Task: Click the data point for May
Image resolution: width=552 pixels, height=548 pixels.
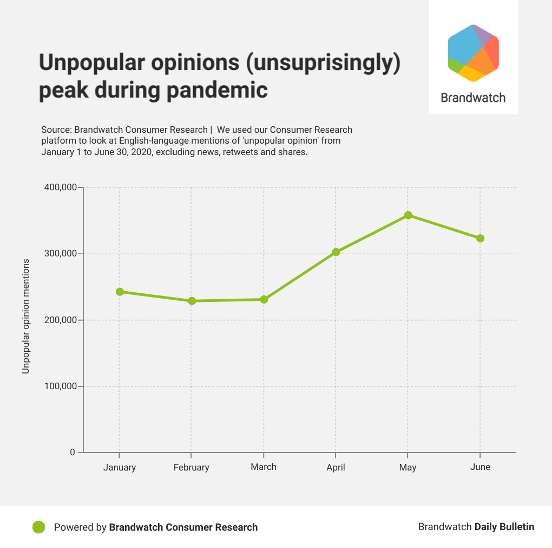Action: (408, 215)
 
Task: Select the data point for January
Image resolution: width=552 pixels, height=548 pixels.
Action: (120, 292)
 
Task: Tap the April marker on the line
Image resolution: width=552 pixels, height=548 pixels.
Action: (336, 252)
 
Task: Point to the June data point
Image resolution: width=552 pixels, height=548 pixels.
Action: (480, 238)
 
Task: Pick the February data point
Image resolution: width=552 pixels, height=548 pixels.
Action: (192, 301)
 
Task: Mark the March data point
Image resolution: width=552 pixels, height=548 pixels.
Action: (264, 299)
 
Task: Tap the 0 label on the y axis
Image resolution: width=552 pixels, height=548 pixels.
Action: (73, 453)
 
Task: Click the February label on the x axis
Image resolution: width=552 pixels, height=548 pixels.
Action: (191, 467)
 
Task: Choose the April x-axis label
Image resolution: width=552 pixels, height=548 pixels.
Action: (336, 467)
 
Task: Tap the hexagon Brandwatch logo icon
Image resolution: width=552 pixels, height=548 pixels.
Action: (473, 53)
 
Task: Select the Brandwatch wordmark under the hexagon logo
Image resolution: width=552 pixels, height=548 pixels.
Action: (473, 98)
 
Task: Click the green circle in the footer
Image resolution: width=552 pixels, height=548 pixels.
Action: (38, 527)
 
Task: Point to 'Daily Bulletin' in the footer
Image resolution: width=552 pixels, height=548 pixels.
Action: (504, 527)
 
